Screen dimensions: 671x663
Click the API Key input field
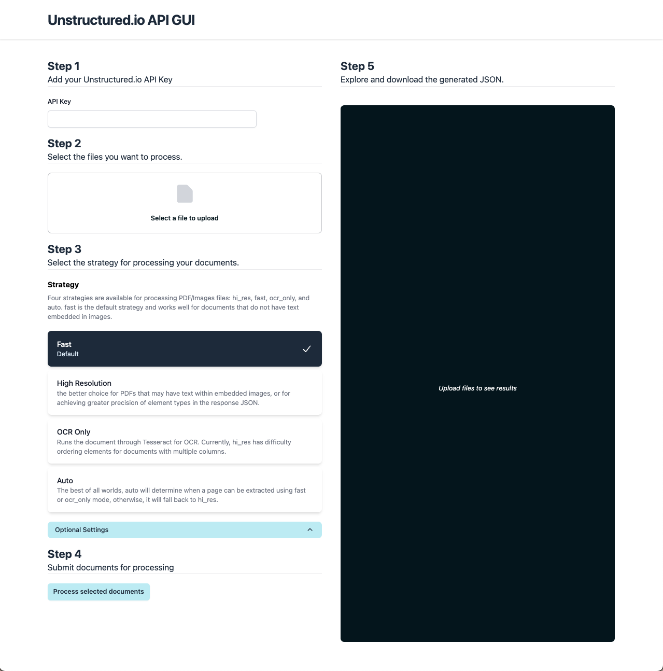[x=152, y=119]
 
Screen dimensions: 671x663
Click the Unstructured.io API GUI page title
[x=121, y=20]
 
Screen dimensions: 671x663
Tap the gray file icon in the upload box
[x=185, y=194]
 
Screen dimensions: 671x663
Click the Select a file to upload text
[x=185, y=218]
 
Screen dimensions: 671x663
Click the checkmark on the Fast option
[x=307, y=349]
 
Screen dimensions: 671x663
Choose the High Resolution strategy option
[x=185, y=393]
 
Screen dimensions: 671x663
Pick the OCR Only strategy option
[x=185, y=441]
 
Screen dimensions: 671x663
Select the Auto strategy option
[x=185, y=490]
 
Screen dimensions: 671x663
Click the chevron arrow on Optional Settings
[x=310, y=530]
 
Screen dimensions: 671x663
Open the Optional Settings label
[x=82, y=530]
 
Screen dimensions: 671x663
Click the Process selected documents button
[x=98, y=592]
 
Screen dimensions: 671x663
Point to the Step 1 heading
[x=64, y=66]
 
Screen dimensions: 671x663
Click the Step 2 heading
[x=64, y=144]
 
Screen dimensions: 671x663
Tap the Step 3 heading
[x=64, y=249]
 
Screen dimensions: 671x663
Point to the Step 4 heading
[x=64, y=554]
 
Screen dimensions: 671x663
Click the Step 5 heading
[x=357, y=66]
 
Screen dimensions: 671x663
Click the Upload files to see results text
[x=477, y=388]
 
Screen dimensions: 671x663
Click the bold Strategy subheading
[x=63, y=285]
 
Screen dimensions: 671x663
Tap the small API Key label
[x=59, y=102]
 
